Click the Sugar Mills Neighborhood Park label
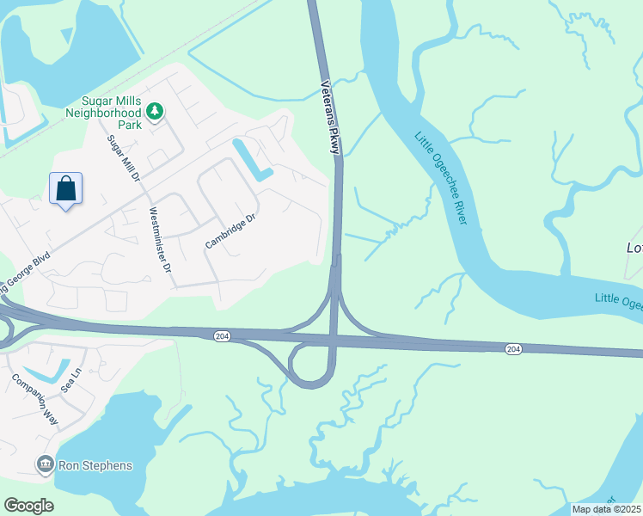pyautogui.click(x=104, y=112)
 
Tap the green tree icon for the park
pyautogui.click(x=155, y=111)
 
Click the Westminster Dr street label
pyautogui.click(x=160, y=240)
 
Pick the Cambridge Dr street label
pyautogui.click(x=230, y=231)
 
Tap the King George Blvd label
pyautogui.click(x=26, y=271)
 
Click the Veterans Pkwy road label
pyautogui.click(x=330, y=118)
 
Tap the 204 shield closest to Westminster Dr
pyautogui.click(x=221, y=335)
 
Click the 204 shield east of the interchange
pyautogui.click(x=513, y=348)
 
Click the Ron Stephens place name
pyautogui.click(x=95, y=466)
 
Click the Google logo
pyautogui.click(x=28, y=506)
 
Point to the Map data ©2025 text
pyautogui.click(x=607, y=509)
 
